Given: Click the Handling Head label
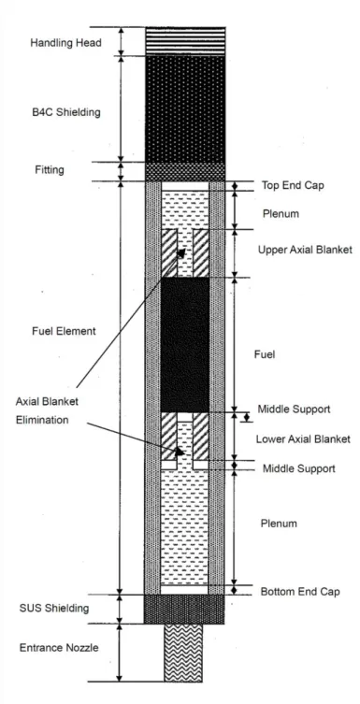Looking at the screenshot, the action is click(66, 43).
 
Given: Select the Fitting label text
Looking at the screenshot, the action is click(50, 170).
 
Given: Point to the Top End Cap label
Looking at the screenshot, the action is click(293, 185).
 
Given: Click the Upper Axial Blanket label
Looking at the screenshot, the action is click(305, 250).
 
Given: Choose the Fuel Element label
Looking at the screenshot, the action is click(64, 331).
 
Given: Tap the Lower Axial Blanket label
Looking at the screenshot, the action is click(303, 439).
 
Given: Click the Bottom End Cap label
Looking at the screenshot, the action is click(300, 592).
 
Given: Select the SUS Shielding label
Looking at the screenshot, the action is click(54, 609).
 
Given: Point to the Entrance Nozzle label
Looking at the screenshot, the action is click(59, 648).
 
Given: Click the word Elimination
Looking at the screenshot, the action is click(42, 420).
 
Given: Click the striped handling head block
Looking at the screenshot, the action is click(185, 41).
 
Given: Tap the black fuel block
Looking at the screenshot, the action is click(185, 345).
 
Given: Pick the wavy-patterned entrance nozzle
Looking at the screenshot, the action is click(183, 653).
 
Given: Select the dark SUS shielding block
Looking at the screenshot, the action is click(184, 610).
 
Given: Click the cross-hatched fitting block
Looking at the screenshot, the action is click(185, 171).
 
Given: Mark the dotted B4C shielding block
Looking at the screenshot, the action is click(185, 108).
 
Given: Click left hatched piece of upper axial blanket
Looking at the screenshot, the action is click(169, 253).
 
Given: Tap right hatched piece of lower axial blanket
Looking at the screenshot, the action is click(201, 437).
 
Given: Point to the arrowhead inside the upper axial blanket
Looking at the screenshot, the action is click(181, 252).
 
